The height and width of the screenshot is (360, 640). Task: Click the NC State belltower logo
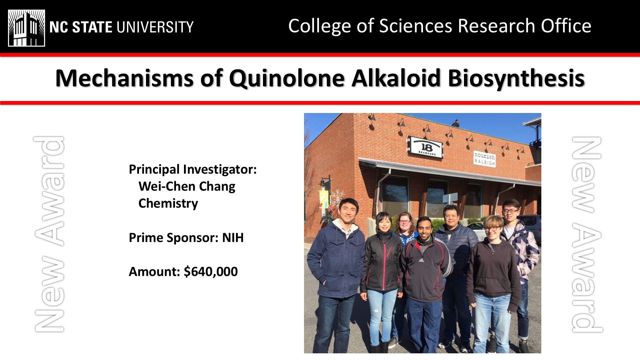point(27,28)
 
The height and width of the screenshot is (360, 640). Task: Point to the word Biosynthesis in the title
point(516,79)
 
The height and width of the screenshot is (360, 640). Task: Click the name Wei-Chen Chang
point(187,186)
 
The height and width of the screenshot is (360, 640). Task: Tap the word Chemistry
point(168,203)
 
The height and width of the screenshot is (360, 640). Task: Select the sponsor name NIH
point(233,238)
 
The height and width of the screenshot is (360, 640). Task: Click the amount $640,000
point(211,272)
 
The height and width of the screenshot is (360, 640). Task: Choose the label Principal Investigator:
point(193,169)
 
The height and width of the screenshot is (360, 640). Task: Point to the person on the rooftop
point(456,123)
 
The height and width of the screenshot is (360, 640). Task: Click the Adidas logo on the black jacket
point(422,260)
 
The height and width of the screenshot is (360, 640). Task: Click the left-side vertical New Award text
point(49,234)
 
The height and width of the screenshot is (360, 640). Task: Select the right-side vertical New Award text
point(587,234)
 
